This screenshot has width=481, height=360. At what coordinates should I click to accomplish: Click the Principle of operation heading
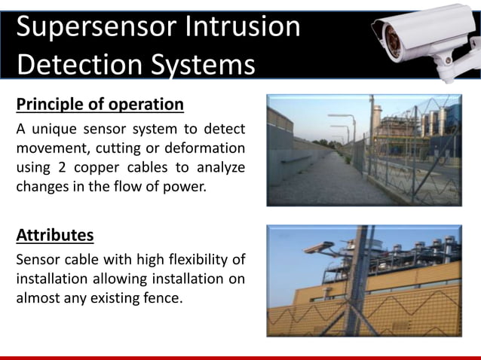[x=100, y=103]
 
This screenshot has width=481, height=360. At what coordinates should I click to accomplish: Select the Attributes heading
[x=55, y=235]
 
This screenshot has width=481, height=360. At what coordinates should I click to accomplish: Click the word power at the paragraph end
[x=185, y=187]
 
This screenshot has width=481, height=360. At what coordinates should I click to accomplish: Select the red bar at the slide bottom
[x=240, y=357]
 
